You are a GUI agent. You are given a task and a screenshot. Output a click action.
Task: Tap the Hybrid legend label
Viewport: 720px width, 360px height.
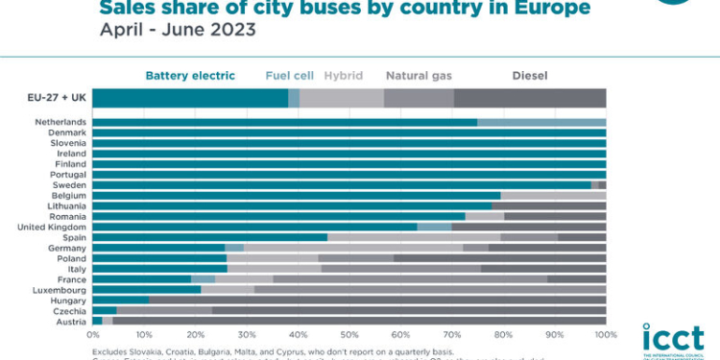coord(343,74)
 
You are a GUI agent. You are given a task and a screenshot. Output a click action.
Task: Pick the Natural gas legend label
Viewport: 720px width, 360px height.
coord(419,74)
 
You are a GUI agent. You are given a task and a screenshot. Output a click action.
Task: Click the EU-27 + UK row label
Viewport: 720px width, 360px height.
coord(57,98)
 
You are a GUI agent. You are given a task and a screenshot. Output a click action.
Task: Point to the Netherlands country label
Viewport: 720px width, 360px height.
coord(60,123)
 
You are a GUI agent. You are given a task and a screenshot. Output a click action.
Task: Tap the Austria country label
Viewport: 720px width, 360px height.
coord(71,321)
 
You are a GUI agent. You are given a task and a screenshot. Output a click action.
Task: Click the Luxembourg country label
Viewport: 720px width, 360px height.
coord(60,289)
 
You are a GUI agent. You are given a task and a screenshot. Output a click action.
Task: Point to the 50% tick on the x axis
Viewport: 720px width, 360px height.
coord(349,335)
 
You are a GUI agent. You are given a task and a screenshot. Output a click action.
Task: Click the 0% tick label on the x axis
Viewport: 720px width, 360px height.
coord(93,335)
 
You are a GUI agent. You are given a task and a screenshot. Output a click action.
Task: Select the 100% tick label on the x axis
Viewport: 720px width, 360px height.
coord(605,335)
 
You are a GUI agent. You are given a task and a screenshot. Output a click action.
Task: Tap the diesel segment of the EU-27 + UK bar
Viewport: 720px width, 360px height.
coord(529,98)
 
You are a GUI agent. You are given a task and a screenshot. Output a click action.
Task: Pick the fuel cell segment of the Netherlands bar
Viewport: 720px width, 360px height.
coord(541,123)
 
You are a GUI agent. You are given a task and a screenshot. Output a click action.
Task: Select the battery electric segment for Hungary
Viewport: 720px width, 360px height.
coord(121,300)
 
